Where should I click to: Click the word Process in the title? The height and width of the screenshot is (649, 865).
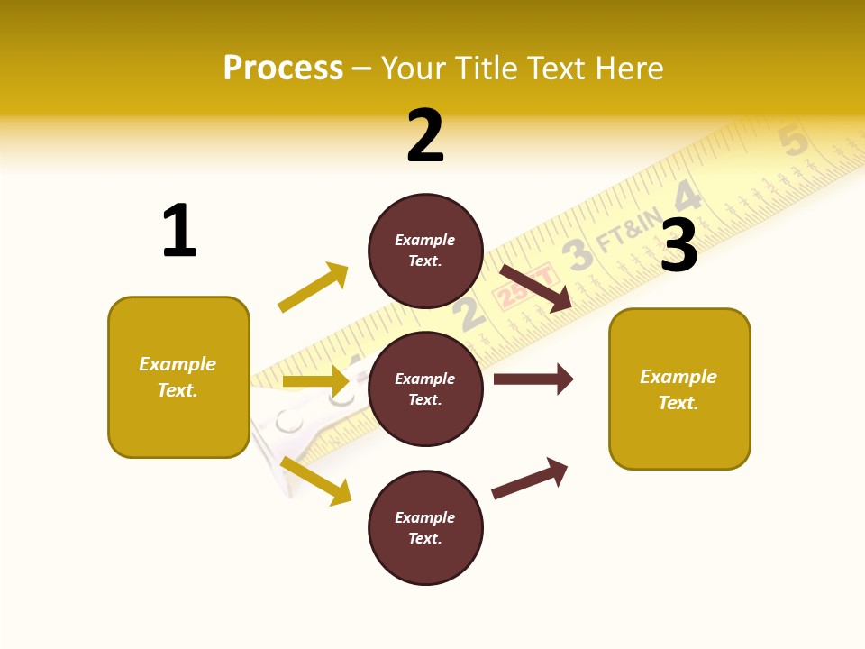(x=283, y=69)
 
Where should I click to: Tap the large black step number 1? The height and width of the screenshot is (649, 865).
(x=179, y=231)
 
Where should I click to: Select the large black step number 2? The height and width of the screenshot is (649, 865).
(x=425, y=136)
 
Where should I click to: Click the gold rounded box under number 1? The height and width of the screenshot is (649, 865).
(x=178, y=377)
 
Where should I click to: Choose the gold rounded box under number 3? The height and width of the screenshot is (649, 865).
(x=679, y=388)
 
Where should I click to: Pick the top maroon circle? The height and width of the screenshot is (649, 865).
(x=425, y=251)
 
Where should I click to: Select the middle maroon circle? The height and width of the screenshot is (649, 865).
(x=425, y=388)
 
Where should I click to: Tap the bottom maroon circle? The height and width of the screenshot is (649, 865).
(x=425, y=527)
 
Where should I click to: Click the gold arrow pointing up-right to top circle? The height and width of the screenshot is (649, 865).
(x=313, y=288)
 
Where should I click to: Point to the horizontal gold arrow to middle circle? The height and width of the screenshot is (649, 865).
(x=315, y=381)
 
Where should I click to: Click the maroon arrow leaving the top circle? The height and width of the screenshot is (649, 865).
(x=536, y=288)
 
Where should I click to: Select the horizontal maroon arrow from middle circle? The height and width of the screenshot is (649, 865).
(x=533, y=379)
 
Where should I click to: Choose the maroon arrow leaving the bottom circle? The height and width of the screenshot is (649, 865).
(x=530, y=478)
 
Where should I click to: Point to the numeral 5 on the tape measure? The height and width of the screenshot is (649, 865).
(x=793, y=141)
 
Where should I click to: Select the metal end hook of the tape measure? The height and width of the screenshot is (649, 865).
(x=289, y=433)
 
